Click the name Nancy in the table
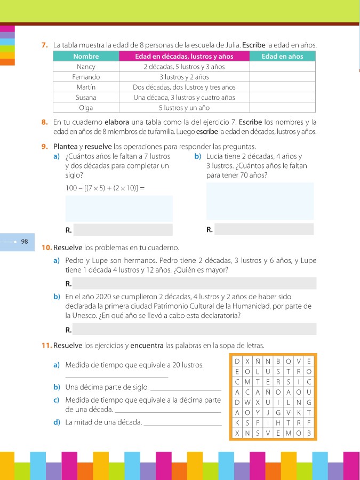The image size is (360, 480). point(86,67)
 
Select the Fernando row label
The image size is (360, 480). point(86,77)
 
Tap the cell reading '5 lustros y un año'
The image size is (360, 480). point(184,107)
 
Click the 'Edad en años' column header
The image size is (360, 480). point(283,57)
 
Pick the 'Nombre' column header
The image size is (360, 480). point(86,57)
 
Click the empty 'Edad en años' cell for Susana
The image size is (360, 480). point(283,97)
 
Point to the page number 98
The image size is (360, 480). point(25,242)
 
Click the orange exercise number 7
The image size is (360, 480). point(45,46)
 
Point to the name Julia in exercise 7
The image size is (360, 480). point(229,46)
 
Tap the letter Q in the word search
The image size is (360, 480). point(288,361)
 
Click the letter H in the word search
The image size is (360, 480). point(278,422)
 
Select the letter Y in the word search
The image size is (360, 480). point(258,412)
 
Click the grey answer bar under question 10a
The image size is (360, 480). point(195,283)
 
